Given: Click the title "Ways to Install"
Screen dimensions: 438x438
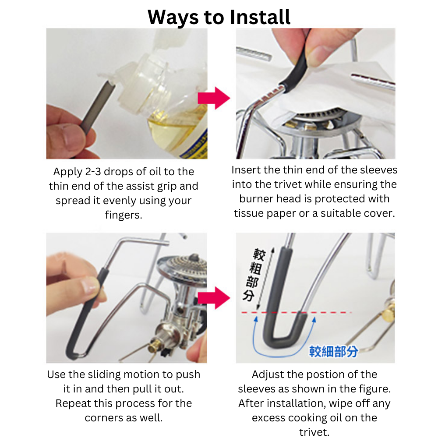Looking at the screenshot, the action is (219, 18).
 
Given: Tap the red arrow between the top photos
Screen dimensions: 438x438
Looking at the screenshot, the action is (214, 98).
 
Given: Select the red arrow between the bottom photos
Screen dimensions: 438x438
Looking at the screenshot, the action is (214, 298).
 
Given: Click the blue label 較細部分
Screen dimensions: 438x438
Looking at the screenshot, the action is (333, 351).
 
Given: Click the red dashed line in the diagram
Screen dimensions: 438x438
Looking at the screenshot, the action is (296, 312).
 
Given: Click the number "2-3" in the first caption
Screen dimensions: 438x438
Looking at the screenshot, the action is (93, 172).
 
